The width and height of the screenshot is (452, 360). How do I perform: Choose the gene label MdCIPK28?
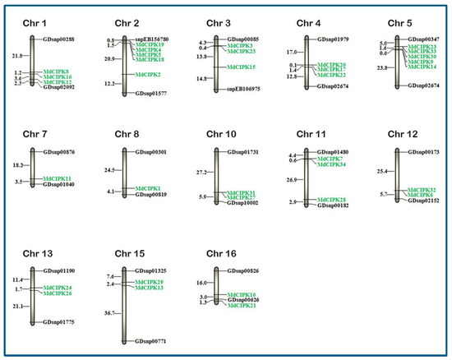[331, 200]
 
